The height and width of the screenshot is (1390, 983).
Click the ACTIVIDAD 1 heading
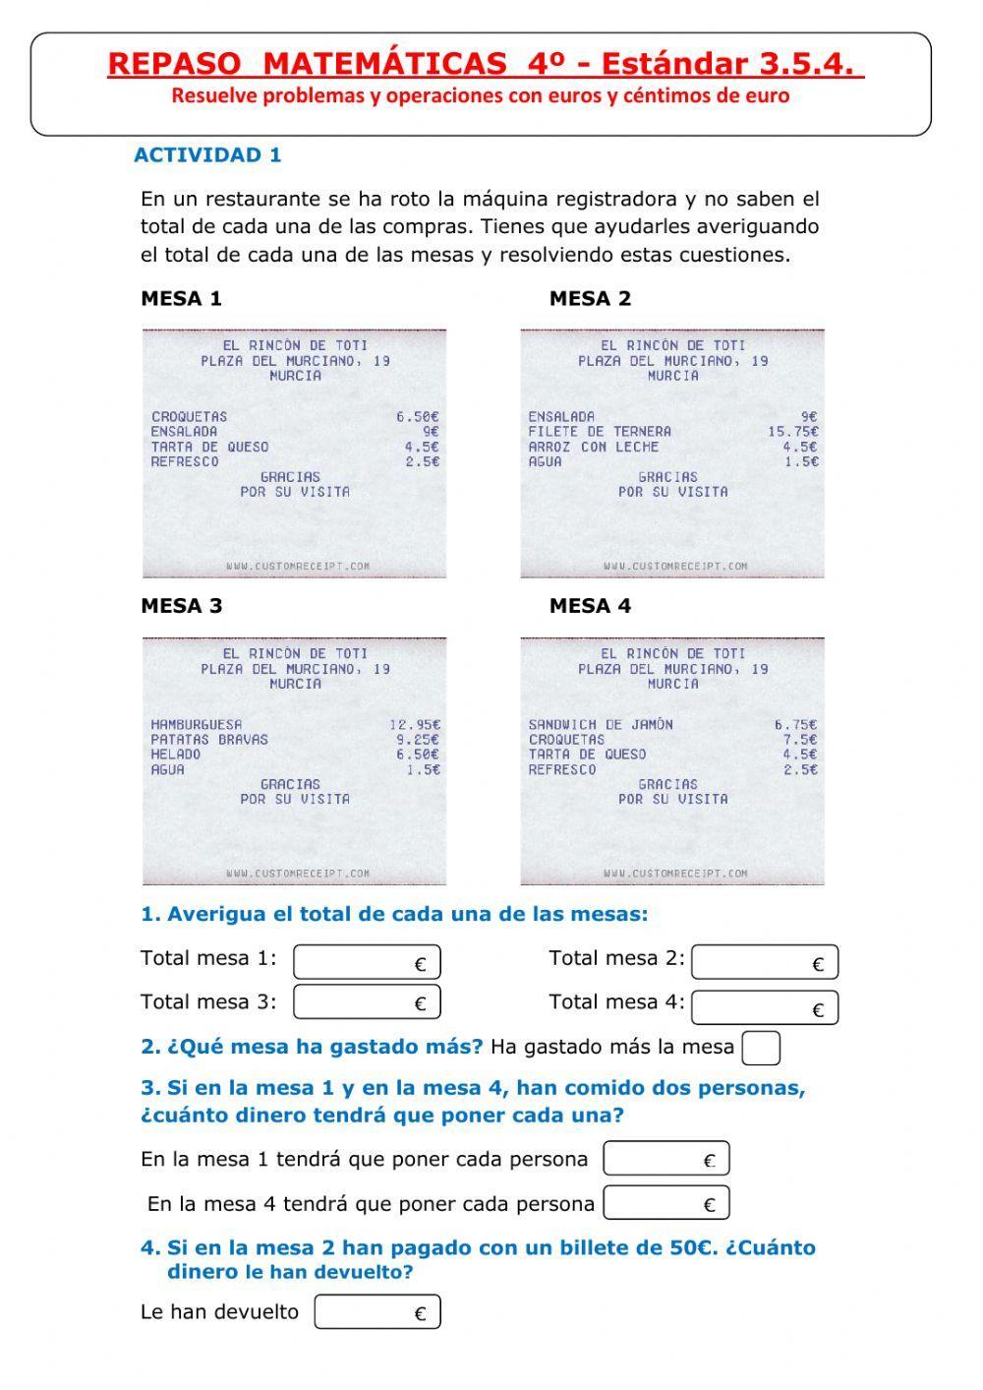[207, 154]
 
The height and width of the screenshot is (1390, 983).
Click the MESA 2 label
[590, 298]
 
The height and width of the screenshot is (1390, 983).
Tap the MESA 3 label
[182, 606]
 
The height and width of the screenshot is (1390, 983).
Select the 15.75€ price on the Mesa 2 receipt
[792, 431]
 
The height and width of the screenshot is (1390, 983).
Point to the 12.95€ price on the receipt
[415, 724]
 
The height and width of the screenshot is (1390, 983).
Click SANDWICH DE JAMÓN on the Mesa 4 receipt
[601, 724]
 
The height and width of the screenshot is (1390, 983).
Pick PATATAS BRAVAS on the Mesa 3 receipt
[209, 739]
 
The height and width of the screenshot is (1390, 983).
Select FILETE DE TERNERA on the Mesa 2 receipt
[600, 431]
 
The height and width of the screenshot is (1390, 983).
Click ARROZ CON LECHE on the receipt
[593, 446]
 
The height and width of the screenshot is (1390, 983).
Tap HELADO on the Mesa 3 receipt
[176, 754]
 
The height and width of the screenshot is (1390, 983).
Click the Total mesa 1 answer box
[367, 962]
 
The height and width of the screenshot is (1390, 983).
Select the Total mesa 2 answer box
[764, 962]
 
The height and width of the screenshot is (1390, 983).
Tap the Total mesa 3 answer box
[367, 1001]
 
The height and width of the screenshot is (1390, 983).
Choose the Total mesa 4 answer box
[764, 1007]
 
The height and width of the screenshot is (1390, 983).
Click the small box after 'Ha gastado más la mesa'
[761, 1048]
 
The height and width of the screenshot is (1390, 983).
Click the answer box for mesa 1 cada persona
[665, 1159]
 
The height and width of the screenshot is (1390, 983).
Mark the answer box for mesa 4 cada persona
[665, 1203]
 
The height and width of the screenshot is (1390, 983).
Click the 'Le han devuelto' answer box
[377, 1312]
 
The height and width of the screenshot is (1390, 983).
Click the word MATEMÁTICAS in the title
[385, 64]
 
